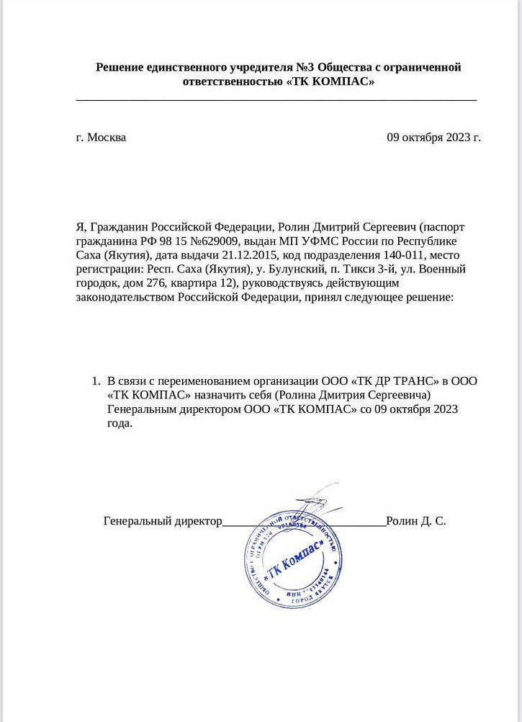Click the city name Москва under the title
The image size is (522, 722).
106,137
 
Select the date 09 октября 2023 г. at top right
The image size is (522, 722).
433,137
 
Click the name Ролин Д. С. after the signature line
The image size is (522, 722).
416,520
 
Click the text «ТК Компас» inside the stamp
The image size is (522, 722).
287,559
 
